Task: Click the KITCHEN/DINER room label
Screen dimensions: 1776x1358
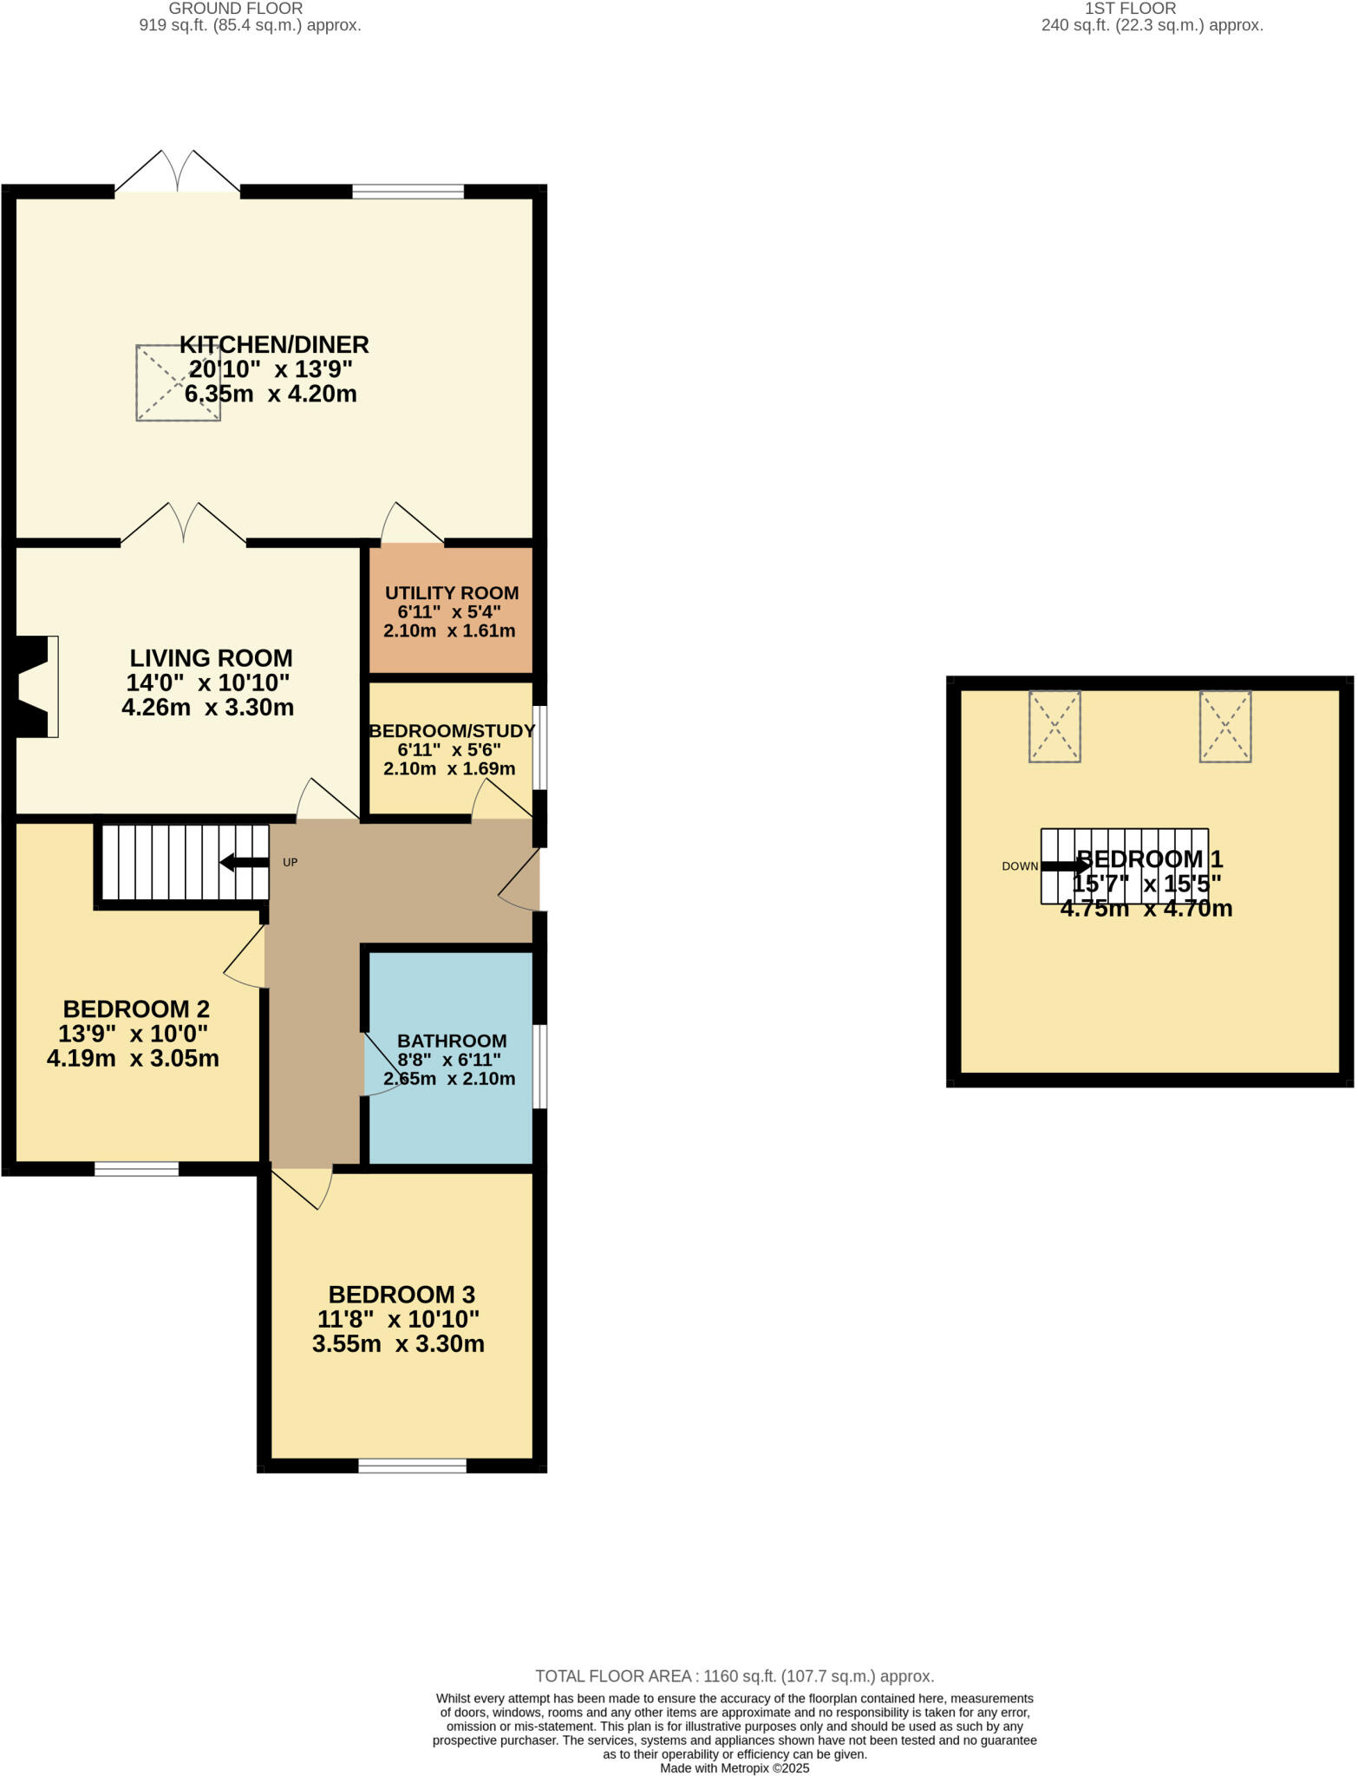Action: click(274, 344)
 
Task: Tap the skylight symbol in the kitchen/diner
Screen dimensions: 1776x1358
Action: click(179, 383)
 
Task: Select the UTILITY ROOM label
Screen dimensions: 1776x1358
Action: click(452, 593)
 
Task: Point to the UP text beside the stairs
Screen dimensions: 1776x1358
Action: click(291, 863)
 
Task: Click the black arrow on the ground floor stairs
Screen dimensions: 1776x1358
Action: click(244, 863)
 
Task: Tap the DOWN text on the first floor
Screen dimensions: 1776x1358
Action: click(1019, 866)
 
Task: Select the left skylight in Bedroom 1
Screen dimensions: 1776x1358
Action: click(1054, 727)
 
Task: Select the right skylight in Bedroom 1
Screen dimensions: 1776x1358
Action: click(1224, 727)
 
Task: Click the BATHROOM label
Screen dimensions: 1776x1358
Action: click(452, 1041)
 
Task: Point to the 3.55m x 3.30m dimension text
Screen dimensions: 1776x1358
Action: click(398, 1344)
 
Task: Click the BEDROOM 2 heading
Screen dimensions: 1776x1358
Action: click(136, 1009)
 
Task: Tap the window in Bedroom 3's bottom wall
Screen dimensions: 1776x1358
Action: click(412, 1466)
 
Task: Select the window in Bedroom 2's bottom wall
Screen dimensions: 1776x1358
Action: click(136, 1169)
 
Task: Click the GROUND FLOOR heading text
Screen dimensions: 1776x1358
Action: click(236, 9)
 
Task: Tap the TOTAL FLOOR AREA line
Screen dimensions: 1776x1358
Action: click(734, 1676)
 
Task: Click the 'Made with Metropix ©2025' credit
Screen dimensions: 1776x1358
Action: click(734, 1768)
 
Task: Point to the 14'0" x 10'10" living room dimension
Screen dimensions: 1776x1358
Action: click(208, 682)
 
